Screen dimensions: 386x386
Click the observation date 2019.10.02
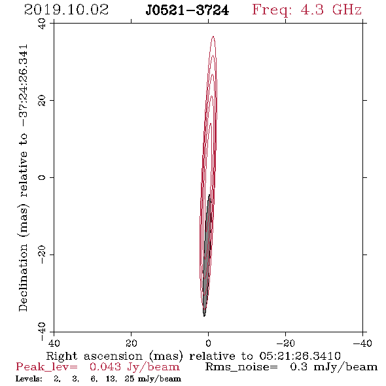pyautogui.click(x=66, y=10)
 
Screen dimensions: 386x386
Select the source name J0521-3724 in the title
pyautogui.click(x=187, y=10)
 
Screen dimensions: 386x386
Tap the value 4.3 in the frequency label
pyautogui.click(x=312, y=10)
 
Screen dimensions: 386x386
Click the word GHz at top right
pyautogui.click(x=347, y=10)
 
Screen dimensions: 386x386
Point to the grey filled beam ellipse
pyautogui.click(x=207, y=256)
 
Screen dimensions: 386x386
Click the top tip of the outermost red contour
pyautogui.click(x=213, y=36)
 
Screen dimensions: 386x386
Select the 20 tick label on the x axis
pyautogui.click(x=131, y=343)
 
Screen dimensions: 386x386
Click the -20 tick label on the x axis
pyautogui.click(x=285, y=343)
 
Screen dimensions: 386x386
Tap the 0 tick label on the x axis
pyautogui.click(x=208, y=343)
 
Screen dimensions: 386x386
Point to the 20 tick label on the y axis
pyautogui.click(x=42, y=101)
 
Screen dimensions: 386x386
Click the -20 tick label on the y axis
pyautogui.click(x=42, y=254)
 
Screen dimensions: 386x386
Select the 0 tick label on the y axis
pyautogui.click(x=42, y=177)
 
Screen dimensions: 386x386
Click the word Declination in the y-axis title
pyautogui.click(x=23, y=277)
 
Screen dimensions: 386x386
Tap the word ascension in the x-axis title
pyautogui.click(x=113, y=356)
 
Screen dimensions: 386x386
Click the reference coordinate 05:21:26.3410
pyautogui.click(x=300, y=356)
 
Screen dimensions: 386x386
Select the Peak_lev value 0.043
pyautogui.click(x=105, y=367)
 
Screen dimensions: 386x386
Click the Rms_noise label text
pyautogui.click(x=241, y=367)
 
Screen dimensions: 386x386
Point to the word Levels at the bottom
pyautogui.click(x=29, y=379)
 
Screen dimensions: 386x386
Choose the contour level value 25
pyautogui.click(x=130, y=379)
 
